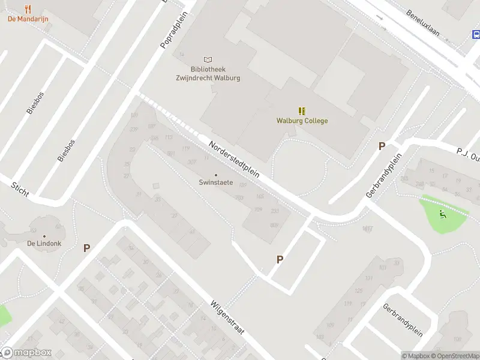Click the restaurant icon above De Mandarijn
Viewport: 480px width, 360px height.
click(x=28, y=8)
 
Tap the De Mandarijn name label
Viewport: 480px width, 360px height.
click(x=28, y=19)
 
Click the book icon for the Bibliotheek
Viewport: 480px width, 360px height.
click(x=208, y=59)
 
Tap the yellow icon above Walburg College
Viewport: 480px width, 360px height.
click(x=302, y=110)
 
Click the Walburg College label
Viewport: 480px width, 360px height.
click(x=302, y=121)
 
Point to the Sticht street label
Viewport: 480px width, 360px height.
click(x=20, y=188)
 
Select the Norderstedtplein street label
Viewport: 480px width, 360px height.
click(x=234, y=159)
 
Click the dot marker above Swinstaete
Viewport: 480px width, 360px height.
click(x=217, y=175)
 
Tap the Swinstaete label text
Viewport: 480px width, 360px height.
click(x=217, y=183)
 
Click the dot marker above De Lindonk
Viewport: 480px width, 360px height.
click(x=44, y=236)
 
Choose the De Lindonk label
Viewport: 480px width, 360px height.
click(x=44, y=244)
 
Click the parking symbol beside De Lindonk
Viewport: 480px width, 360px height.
click(x=87, y=247)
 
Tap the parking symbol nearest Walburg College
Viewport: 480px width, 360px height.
click(x=381, y=146)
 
